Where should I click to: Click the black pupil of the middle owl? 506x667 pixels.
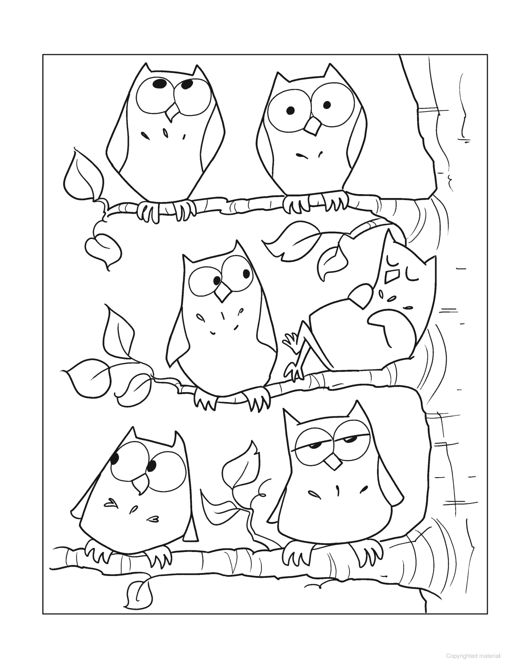pyautogui.click(x=217, y=280)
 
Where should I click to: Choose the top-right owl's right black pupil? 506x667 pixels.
pyautogui.click(x=327, y=105)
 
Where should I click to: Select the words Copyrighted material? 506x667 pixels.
pyautogui.click(x=470, y=656)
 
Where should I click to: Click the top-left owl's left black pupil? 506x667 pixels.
pyautogui.click(x=160, y=84)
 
